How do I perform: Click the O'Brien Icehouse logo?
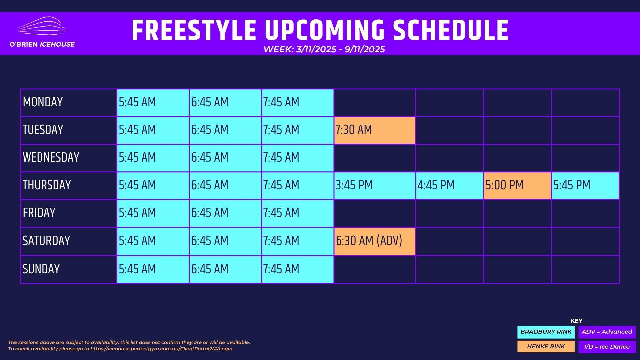(42, 32)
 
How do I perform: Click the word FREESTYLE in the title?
(194, 30)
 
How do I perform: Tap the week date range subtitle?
(324, 49)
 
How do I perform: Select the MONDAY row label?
(43, 102)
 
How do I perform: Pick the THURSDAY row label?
(47, 185)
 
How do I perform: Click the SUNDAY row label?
(41, 269)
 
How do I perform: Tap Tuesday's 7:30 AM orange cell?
(375, 130)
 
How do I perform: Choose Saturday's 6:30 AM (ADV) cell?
(375, 241)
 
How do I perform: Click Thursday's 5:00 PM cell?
(517, 186)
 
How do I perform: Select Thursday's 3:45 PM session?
(375, 186)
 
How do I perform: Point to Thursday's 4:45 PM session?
(449, 186)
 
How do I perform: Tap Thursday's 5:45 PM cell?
(585, 186)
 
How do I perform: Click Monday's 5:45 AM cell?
(153, 103)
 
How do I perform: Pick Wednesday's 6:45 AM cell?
(225, 158)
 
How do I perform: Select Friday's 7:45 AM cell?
(297, 213)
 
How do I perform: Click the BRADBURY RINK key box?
(546, 332)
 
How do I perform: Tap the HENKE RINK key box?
(546, 347)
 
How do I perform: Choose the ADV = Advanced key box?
(607, 332)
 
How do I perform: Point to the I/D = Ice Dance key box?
(607, 347)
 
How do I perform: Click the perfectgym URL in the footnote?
(161, 349)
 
